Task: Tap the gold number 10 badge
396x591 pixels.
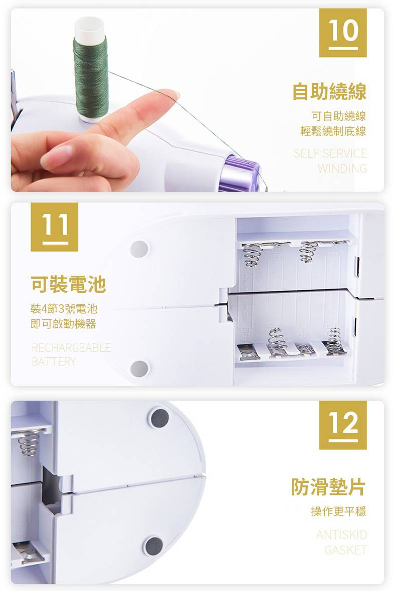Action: (x=343, y=33)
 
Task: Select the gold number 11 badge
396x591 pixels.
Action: (x=54, y=227)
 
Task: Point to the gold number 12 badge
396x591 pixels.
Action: (x=343, y=425)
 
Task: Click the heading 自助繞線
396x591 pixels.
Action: (x=329, y=92)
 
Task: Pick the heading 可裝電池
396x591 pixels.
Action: (x=68, y=284)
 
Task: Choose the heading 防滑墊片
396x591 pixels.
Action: (x=328, y=486)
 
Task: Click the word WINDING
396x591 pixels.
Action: (x=342, y=168)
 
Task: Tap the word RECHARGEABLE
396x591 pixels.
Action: (x=71, y=347)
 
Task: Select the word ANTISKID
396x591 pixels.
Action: (x=342, y=535)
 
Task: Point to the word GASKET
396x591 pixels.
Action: (x=345, y=550)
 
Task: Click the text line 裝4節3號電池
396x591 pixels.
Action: (x=64, y=309)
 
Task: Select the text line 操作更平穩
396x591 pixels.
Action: (x=338, y=511)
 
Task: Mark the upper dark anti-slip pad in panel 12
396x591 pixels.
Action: (x=160, y=418)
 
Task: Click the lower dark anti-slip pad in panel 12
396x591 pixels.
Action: (x=154, y=544)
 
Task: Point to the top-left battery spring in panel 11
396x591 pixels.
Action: (x=250, y=254)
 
